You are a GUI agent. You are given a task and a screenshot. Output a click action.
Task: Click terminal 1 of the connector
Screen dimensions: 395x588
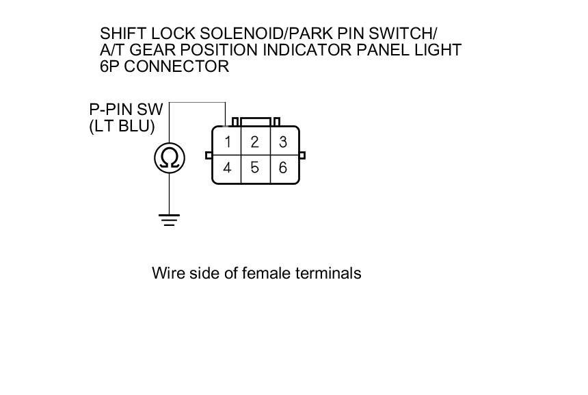click(x=226, y=142)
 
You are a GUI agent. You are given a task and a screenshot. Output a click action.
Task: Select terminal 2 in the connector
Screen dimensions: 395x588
click(x=254, y=142)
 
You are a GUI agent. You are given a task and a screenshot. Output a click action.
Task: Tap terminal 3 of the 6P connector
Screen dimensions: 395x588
click(x=282, y=142)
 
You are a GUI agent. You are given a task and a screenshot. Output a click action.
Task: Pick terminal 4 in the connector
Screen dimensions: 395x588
click(x=226, y=168)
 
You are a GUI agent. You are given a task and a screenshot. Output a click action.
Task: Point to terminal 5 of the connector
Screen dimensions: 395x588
click(x=254, y=168)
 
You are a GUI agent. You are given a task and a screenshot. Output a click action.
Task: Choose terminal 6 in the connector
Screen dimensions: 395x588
click(x=282, y=168)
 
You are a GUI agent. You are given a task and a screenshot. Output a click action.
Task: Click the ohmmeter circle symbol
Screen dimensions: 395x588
click(x=169, y=158)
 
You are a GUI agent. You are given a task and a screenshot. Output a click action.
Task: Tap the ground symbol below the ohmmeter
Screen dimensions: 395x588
click(x=169, y=220)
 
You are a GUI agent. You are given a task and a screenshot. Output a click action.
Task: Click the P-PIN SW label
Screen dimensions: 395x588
click(x=122, y=109)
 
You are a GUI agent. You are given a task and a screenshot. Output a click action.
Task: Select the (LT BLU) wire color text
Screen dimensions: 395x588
click(x=122, y=126)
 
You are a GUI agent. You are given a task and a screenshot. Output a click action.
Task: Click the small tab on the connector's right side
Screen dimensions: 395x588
click(x=302, y=155)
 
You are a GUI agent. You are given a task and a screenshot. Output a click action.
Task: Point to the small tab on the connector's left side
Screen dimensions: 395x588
click(x=209, y=155)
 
